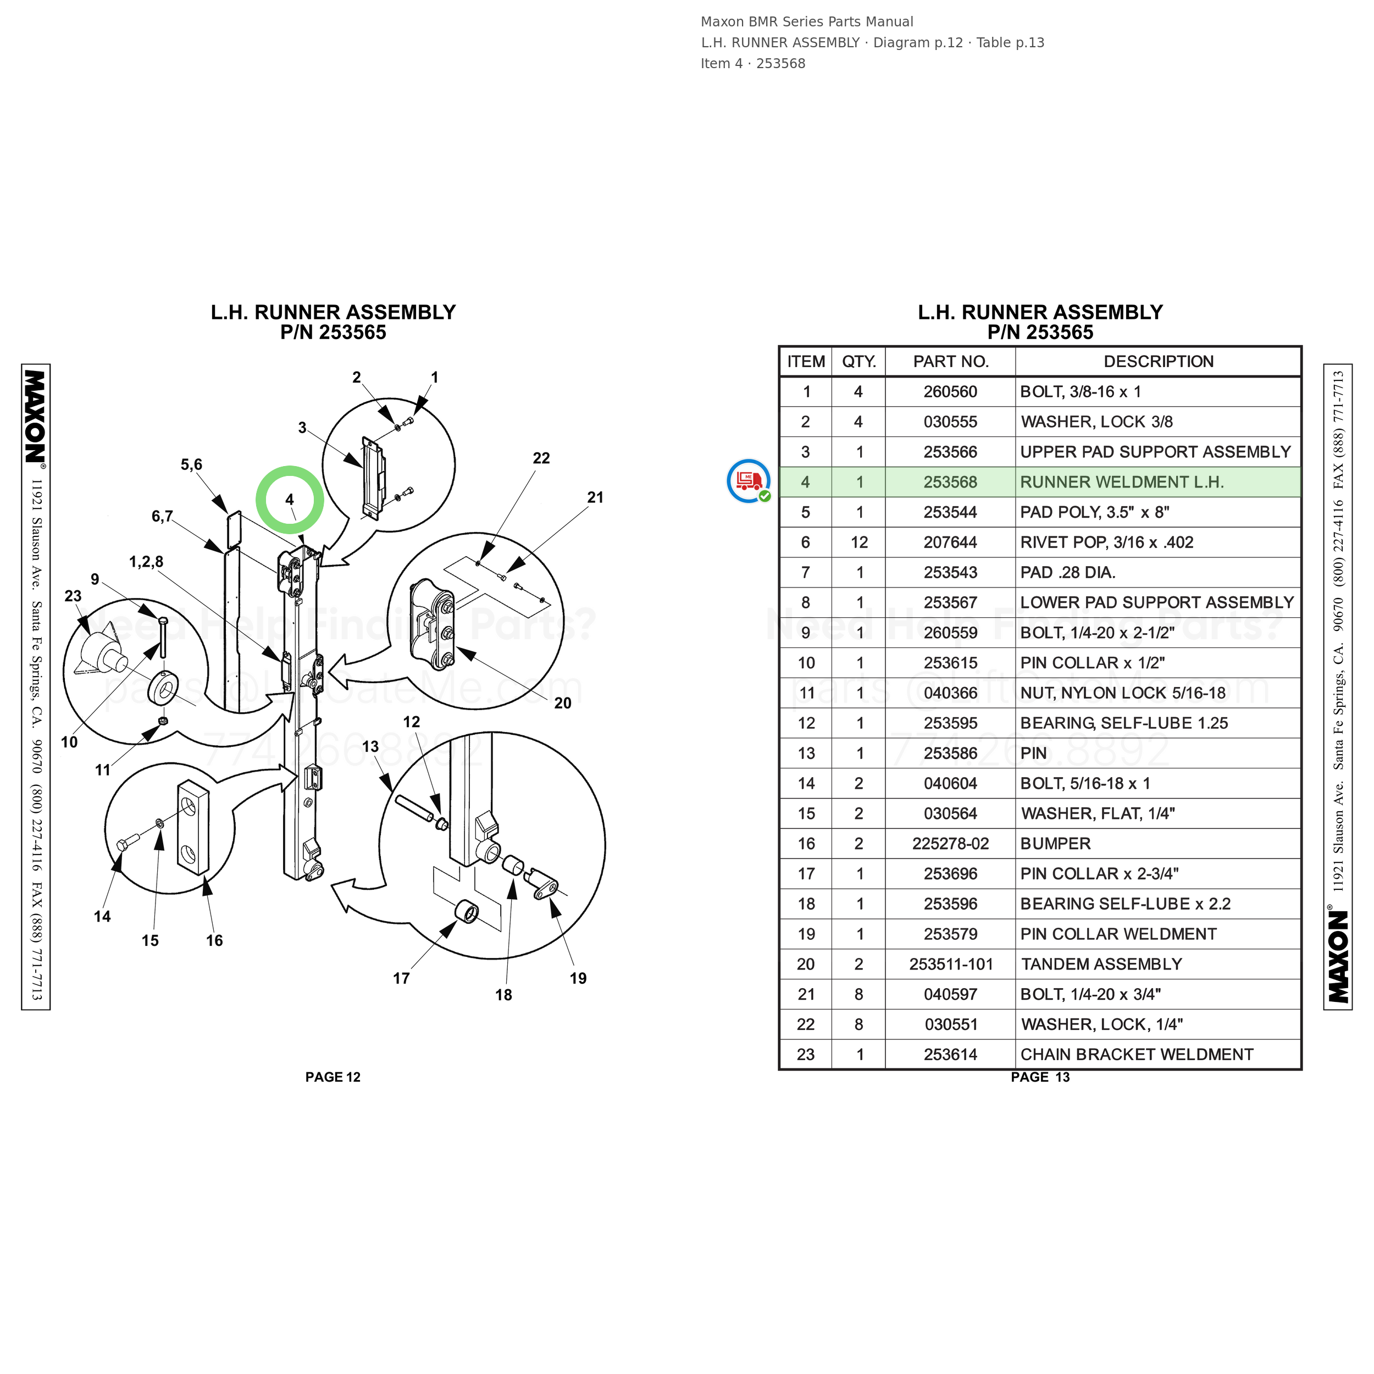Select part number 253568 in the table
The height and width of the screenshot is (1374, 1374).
click(950, 482)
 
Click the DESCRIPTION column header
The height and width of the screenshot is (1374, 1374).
click(1159, 361)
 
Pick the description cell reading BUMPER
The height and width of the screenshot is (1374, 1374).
click(1055, 844)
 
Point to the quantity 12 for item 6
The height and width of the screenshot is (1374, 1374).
click(859, 542)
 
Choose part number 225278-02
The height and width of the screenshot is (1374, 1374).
click(950, 844)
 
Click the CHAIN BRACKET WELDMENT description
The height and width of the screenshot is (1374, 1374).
click(1137, 1055)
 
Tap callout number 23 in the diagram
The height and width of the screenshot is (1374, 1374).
click(73, 596)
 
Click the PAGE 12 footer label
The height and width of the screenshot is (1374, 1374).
click(333, 1077)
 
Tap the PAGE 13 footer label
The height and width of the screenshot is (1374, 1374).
click(1040, 1077)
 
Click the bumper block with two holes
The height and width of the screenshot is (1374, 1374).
click(193, 827)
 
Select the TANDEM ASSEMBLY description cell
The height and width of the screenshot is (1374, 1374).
click(1101, 965)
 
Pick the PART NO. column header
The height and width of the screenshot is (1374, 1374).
click(951, 361)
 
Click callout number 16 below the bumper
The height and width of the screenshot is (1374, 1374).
click(214, 940)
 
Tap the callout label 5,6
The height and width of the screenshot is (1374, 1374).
click(191, 464)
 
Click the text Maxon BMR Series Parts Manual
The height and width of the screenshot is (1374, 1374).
click(806, 22)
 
